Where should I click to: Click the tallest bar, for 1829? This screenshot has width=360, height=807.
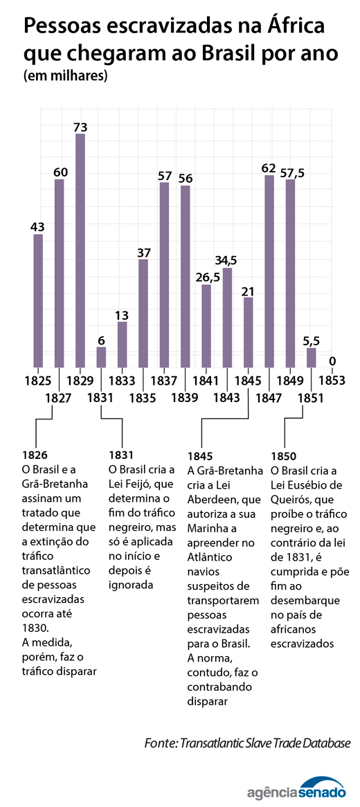80,251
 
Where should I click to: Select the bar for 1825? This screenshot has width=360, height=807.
38,301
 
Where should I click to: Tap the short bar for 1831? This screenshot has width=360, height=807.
101,357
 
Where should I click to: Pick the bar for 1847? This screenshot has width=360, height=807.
269,271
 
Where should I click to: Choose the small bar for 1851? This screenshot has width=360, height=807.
311,358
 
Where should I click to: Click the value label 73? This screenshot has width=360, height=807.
80,127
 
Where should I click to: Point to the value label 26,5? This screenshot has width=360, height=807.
208,278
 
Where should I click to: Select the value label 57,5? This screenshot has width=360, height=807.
292,172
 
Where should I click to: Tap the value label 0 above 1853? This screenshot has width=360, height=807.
332,361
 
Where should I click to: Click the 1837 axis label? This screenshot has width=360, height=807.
164,381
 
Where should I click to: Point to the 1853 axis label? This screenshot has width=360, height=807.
332,381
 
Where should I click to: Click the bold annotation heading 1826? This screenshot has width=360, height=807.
35,455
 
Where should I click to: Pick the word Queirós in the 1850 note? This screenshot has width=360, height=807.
289,499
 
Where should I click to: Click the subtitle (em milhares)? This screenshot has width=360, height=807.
65,76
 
